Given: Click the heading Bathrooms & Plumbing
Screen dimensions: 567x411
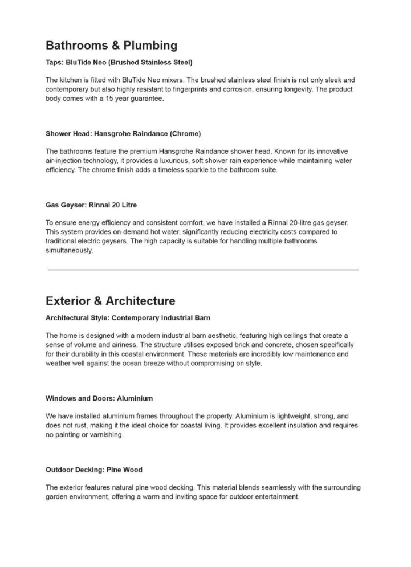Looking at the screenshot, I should [x=111, y=46].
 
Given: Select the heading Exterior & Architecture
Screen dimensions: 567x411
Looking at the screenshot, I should [x=110, y=301].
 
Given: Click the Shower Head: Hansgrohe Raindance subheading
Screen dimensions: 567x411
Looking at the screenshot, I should [x=123, y=134].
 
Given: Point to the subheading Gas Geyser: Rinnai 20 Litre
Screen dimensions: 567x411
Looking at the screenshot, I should [x=91, y=205].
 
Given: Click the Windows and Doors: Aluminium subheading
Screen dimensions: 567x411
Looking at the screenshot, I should [x=99, y=398].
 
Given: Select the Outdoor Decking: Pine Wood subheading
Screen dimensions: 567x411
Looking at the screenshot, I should [x=94, y=470].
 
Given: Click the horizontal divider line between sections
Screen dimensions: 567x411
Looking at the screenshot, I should [x=203, y=270].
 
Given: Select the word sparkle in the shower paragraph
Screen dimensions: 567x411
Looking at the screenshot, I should [x=191, y=170].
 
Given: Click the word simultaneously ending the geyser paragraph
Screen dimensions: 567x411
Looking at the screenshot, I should [x=69, y=250].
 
